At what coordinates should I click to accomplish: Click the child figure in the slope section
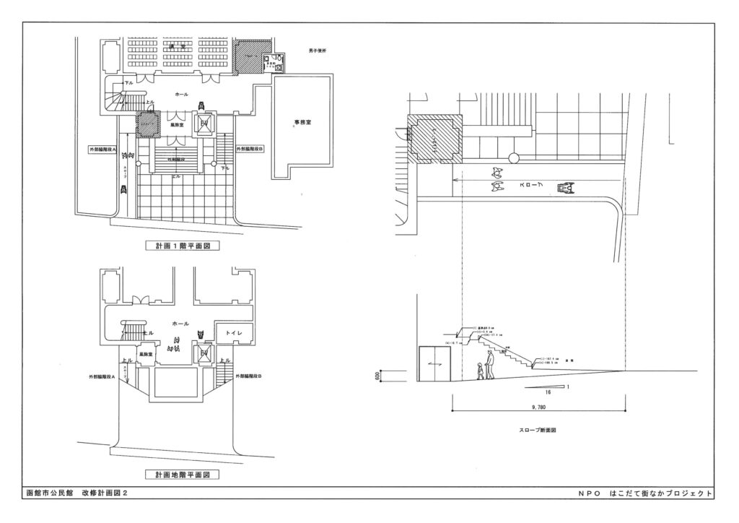[x=479, y=371]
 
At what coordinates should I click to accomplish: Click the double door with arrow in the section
[x=434, y=364]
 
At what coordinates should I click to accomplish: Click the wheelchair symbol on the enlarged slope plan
[x=569, y=188]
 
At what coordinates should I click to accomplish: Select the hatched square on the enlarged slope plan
[x=435, y=137]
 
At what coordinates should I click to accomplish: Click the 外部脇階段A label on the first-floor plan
[x=103, y=149]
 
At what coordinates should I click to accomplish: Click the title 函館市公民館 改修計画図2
[x=76, y=493]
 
